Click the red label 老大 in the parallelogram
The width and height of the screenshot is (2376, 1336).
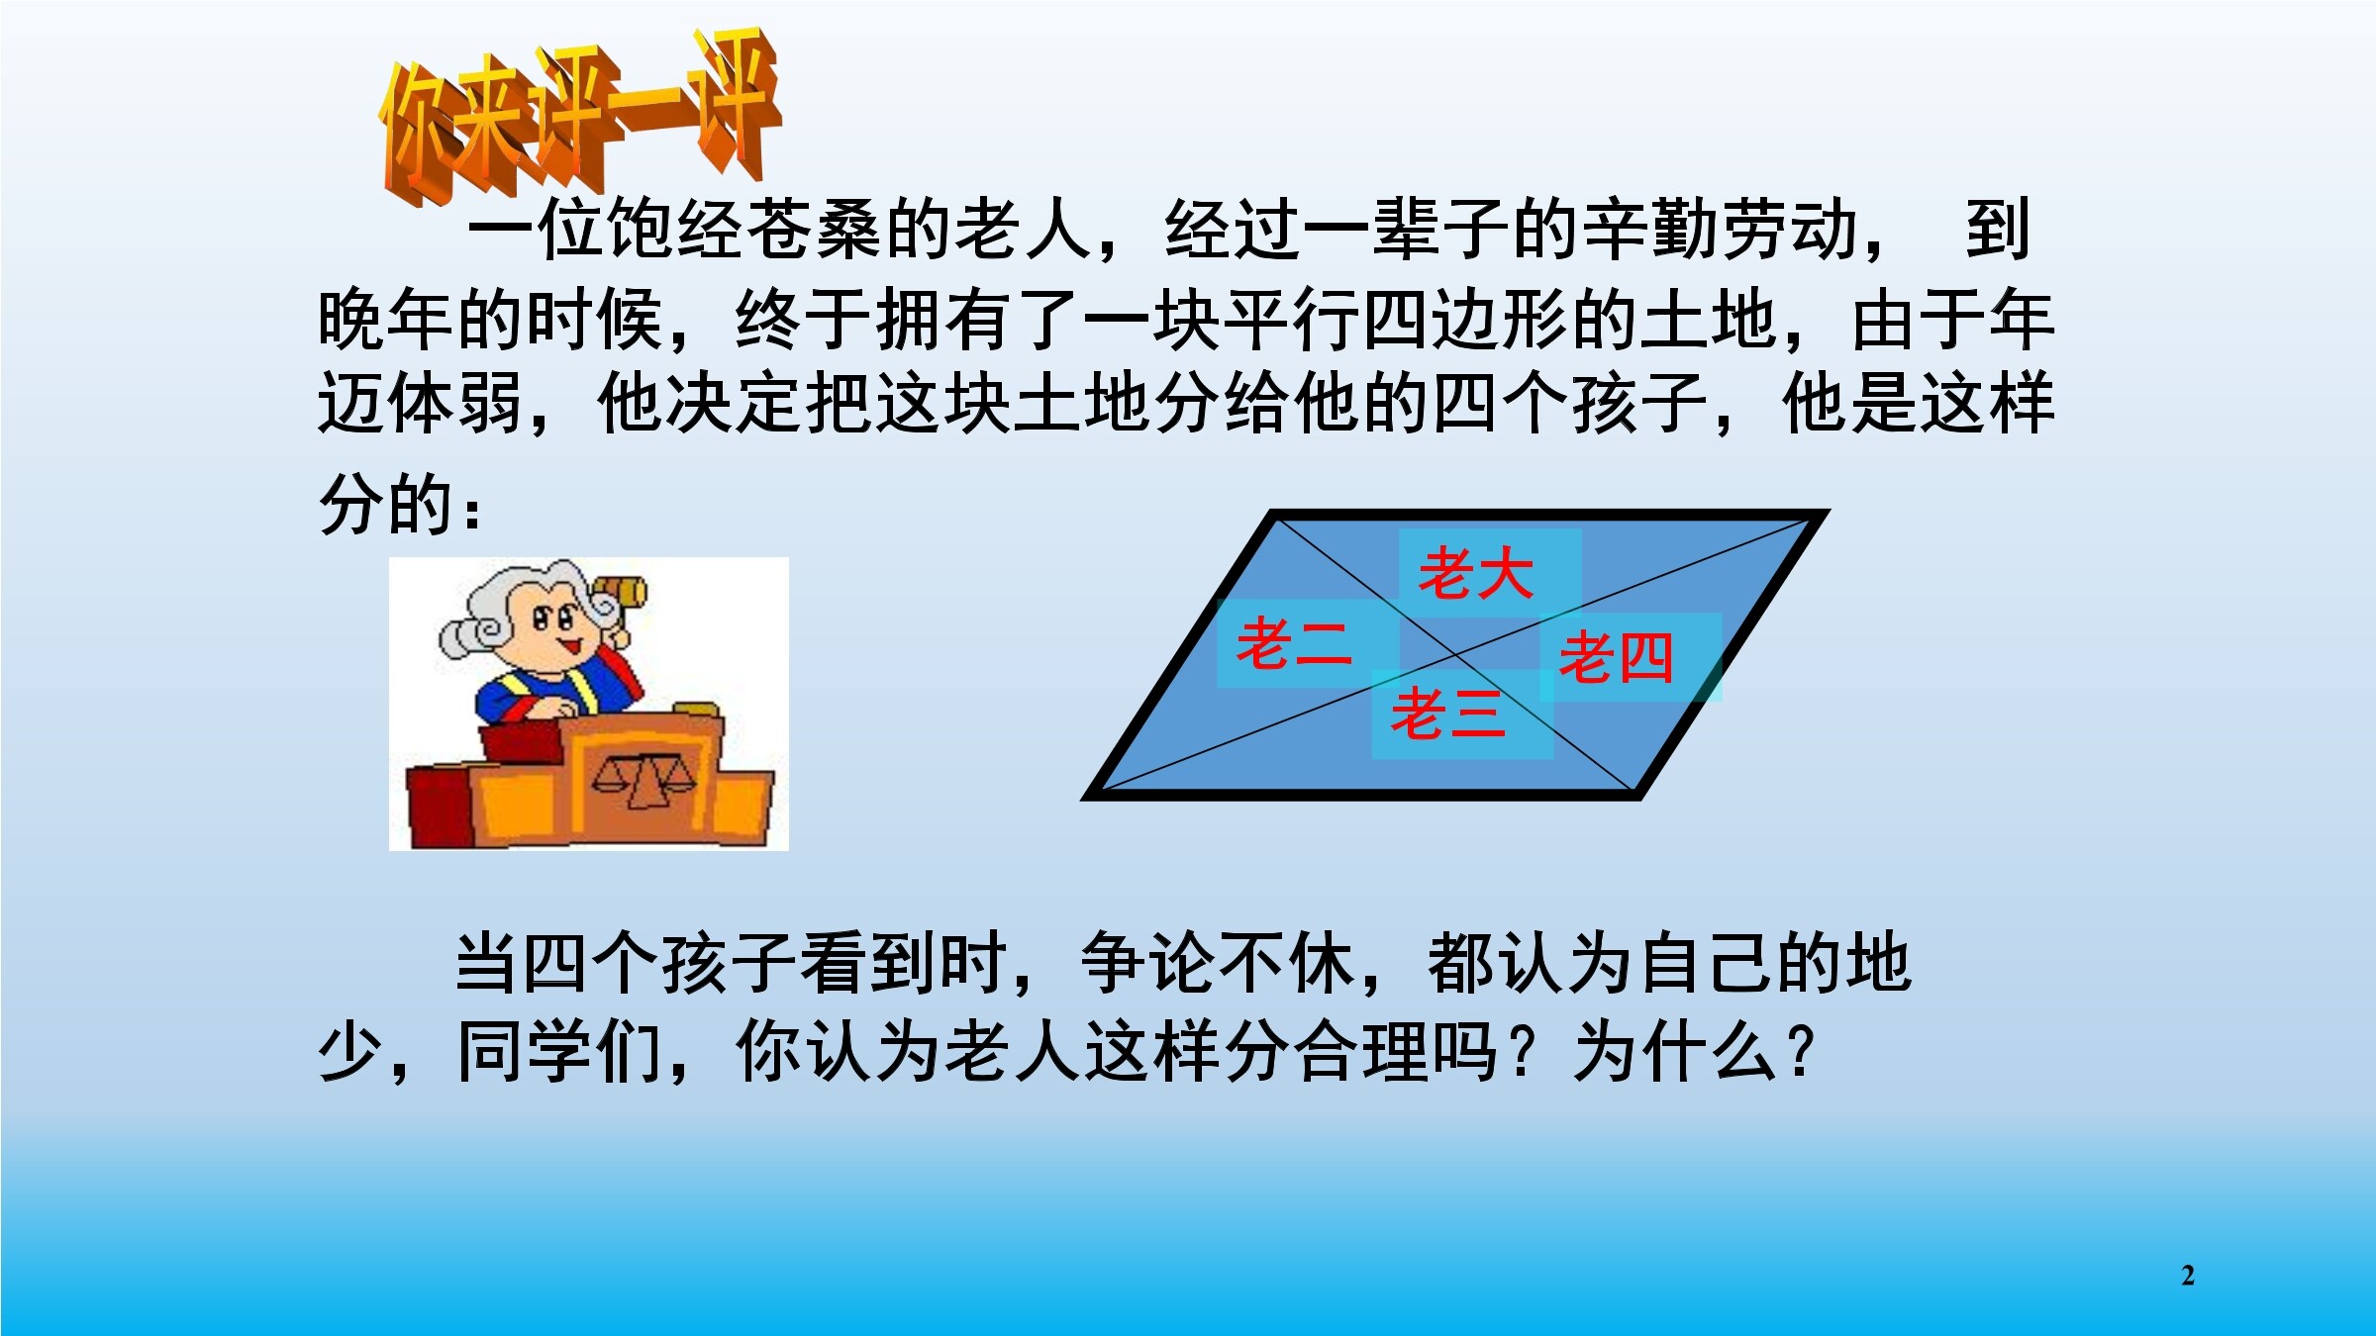[1476, 574]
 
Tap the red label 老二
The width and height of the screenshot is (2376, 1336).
[1294, 643]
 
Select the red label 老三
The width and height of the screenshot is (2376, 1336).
[1448, 714]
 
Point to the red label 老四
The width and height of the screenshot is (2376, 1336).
[1616, 657]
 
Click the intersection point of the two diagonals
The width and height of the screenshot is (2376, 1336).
[1457, 654]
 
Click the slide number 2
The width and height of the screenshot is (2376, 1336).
[2188, 1275]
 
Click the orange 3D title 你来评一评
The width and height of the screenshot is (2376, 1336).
[580, 117]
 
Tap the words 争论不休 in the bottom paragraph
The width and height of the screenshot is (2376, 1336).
[1219, 963]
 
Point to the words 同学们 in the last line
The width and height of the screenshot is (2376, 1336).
[559, 1051]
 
